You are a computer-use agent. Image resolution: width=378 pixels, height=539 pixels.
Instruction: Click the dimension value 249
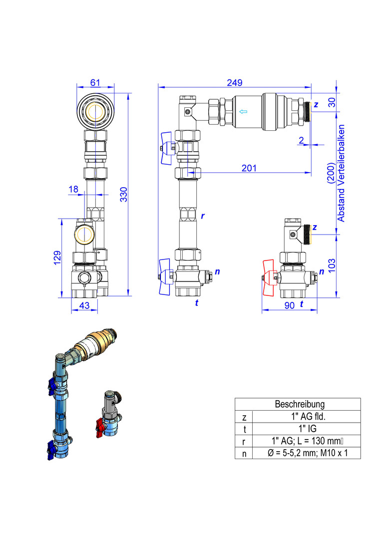[x=235, y=82]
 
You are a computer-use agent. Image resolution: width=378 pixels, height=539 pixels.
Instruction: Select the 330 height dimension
[x=124, y=194]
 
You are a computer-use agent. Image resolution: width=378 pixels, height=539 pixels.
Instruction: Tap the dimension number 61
[x=95, y=82]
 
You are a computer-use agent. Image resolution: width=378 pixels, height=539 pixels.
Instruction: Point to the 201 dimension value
[x=249, y=168]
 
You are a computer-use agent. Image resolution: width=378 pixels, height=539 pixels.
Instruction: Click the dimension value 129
[x=57, y=258]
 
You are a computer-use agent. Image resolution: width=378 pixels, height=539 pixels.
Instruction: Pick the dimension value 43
[x=84, y=305]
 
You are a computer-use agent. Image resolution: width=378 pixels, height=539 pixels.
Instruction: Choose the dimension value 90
[x=290, y=305]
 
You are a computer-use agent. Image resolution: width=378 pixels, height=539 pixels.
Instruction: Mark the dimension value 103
[x=332, y=266]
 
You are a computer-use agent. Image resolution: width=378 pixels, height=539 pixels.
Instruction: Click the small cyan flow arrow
[x=243, y=111]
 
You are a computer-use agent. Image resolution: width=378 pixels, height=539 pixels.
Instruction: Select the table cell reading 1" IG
[x=307, y=429]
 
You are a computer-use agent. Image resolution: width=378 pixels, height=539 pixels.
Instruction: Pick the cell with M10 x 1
[x=308, y=453]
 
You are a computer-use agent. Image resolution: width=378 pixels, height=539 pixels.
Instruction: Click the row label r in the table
[x=244, y=442]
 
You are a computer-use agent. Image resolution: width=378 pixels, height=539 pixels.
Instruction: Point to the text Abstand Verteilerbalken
[x=341, y=173]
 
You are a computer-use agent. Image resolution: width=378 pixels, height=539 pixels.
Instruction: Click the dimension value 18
[x=73, y=189]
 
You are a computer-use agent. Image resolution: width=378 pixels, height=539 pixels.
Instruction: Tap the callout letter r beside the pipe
[x=203, y=216]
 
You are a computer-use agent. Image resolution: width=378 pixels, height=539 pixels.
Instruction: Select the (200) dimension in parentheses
[x=332, y=173]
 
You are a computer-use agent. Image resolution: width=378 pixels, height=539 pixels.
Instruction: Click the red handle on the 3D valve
[x=99, y=427]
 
